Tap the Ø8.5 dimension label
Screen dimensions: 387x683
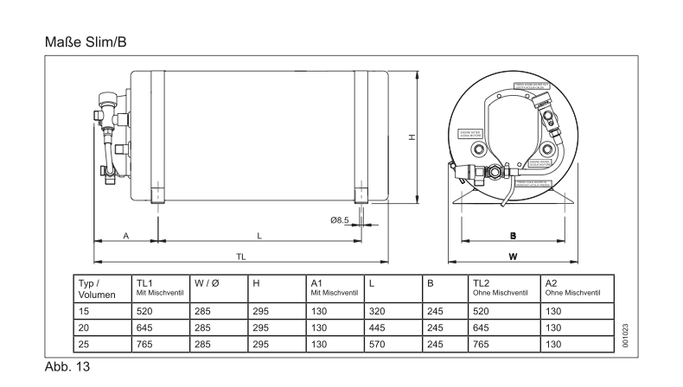[x=339, y=220]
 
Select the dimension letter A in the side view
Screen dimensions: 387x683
[x=125, y=235]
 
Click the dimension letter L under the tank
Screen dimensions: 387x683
[x=259, y=235]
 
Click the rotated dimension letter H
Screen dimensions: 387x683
[x=412, y=136]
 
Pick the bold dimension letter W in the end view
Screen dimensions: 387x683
[x=513, y=256]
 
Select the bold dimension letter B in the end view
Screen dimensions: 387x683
[x=513, y=235]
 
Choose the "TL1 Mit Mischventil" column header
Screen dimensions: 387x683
[x=161, y=289]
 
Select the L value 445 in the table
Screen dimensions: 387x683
[x=377, y=327]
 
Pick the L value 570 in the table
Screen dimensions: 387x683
[x=377, y=343]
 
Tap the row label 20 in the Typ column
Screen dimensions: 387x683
[x=84, y=327]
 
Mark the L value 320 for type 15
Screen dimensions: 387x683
[x=377, y=310]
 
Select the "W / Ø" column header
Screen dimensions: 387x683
[x=207, y=283]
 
